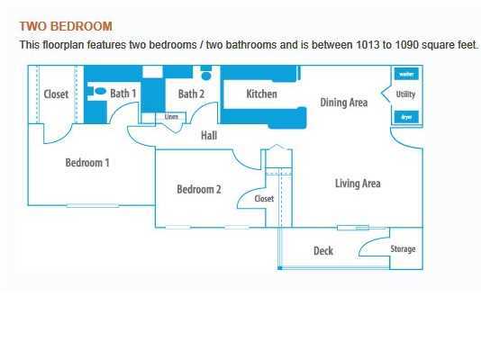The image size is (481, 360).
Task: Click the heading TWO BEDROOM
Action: [66, 27]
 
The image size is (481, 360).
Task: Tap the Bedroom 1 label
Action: [87, 163]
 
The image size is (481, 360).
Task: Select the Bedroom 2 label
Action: [199, 189]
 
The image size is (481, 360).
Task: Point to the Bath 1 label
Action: [123, 94]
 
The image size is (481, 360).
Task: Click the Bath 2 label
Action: [191, 94]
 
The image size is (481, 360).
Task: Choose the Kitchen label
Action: [261, 94]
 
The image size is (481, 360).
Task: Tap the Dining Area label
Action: [344, 103]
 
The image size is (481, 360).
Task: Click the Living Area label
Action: [358, 184]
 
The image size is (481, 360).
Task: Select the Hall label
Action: [208, 136]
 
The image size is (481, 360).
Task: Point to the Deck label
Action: [323, 251]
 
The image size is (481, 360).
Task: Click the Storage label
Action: [403, 249]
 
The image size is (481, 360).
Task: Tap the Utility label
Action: [405, 94]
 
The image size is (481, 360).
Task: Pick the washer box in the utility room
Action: [405, 74]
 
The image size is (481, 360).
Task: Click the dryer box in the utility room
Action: [405, 116]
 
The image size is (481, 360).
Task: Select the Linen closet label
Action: [172, 116]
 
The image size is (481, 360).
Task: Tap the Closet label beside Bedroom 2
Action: [264, 199]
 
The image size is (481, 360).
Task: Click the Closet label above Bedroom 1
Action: [56, 94]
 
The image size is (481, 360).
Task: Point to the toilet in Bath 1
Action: [99, 91]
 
